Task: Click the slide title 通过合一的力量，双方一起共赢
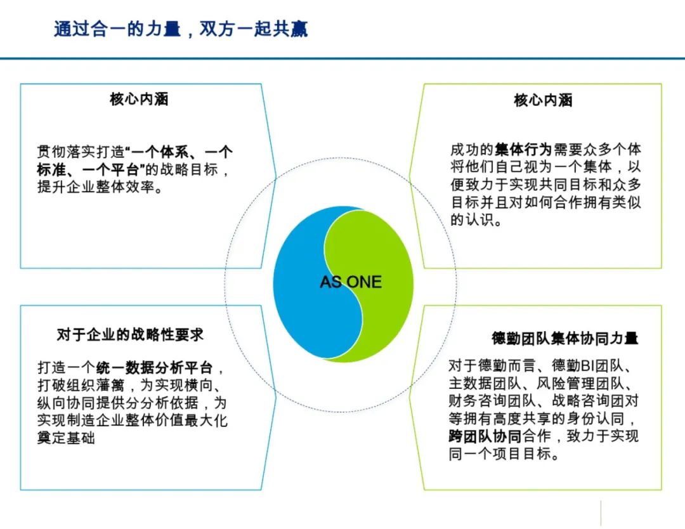tap(181, 29)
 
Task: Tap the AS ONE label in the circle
tap(351, 282)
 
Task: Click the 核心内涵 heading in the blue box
tap(139, 100)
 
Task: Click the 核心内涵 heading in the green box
tap(543, 100)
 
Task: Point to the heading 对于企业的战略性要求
tap(130, 335)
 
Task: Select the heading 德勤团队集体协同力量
tap(564, 338)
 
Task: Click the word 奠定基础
tap(66, 438)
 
